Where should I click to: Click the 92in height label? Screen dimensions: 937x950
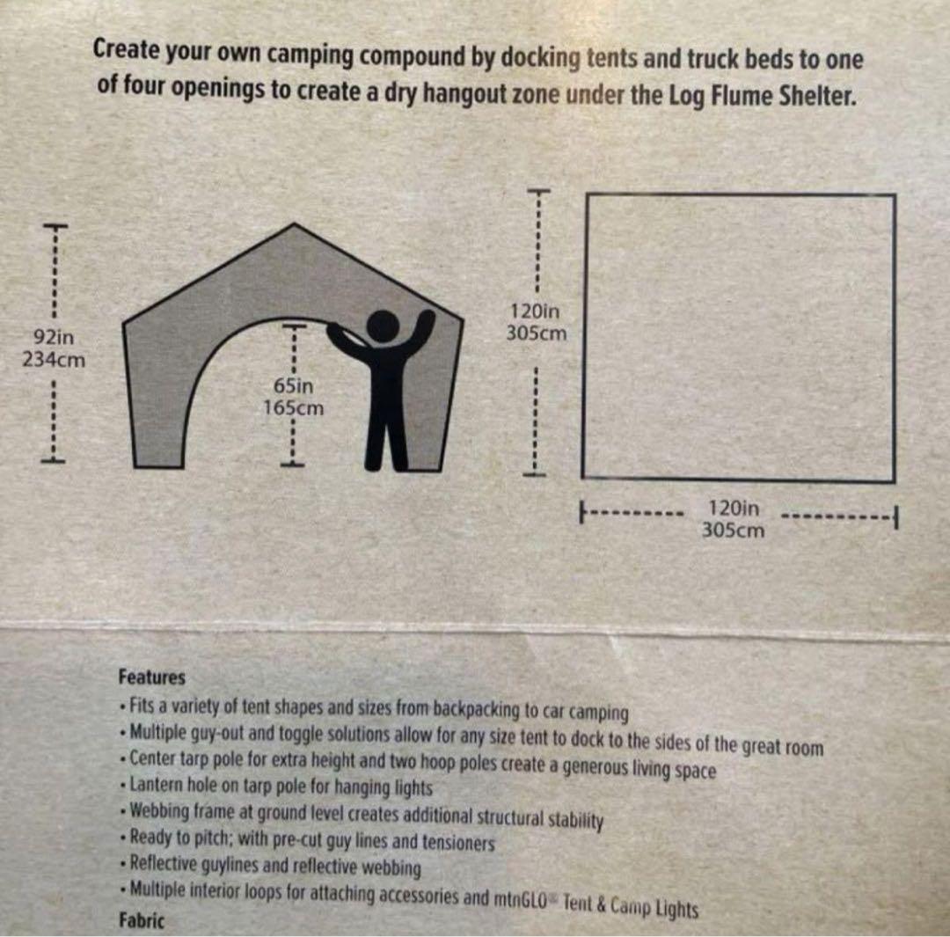[x=53, y=338]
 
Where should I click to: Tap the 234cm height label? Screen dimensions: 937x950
[x=53, y=359]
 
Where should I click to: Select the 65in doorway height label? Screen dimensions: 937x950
[x=294, y=386]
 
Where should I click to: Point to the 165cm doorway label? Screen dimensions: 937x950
[x=294, y=407]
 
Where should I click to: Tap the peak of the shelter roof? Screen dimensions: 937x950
[x=292, y=226]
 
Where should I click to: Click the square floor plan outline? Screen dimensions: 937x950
[x=738, y=338]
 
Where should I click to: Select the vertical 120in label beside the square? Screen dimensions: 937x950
[x=535, y=311]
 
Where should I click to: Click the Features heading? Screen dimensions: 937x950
[x=151, y=677]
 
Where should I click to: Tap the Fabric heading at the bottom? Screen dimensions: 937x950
[x=141, y=920]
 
